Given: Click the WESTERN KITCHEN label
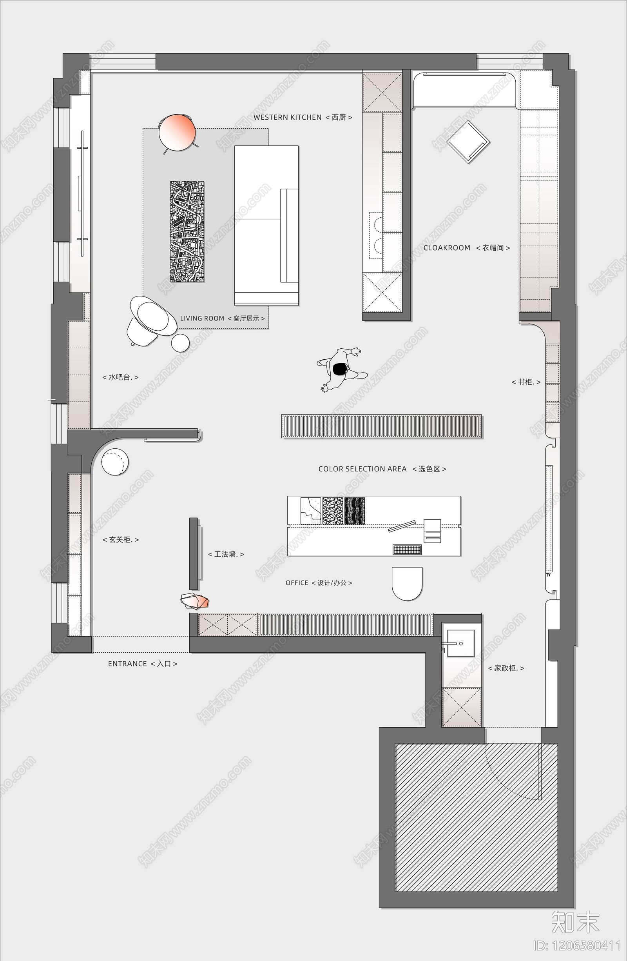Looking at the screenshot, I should [x=303, y=118].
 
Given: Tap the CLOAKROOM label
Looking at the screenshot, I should [x=466, y=248].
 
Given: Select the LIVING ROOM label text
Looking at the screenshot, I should [x=222, y=318].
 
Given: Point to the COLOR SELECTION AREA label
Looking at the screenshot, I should [x=382, y=469].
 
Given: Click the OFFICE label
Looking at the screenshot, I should [x=319, y=582].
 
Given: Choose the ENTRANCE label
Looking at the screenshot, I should [x=142, y=663].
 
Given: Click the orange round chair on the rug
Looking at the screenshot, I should [x=177, y=133].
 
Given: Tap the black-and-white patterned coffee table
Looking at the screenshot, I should [x=187, y=231].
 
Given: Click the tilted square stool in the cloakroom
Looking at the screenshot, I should [x=468, y=142].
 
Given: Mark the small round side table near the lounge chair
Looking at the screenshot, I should [x=180, y=343].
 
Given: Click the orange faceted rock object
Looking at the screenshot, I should [x=194, y=601].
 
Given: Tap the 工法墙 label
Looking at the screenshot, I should [x=226, y=554].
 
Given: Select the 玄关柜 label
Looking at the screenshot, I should [x=121, y=539].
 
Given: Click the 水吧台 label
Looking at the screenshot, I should [x=120, y=377].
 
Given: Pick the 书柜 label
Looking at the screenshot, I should [x=526, y=382].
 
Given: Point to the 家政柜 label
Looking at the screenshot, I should [x=506, y=668].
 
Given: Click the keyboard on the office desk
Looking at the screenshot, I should [x=407, y=549].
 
